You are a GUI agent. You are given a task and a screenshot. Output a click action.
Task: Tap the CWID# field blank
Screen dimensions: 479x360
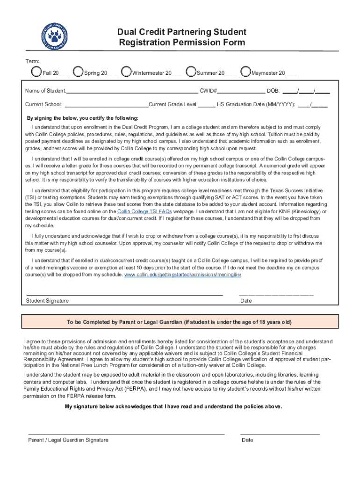click(240, 91)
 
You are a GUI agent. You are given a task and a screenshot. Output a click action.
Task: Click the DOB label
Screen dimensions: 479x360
click(274, 91)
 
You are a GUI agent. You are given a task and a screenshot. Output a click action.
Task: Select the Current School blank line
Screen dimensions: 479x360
click(107, 105)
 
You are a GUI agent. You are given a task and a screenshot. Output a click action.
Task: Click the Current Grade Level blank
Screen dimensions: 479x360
click(207, 105)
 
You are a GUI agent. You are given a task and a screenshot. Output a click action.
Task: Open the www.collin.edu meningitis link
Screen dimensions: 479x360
click(183, 275)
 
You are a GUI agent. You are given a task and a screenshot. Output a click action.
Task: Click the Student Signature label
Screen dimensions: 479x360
click(47, 301)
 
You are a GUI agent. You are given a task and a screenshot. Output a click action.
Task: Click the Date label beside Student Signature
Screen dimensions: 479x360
click(246, 301)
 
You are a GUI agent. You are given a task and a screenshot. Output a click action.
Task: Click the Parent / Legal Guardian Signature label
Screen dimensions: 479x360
click(68, 440)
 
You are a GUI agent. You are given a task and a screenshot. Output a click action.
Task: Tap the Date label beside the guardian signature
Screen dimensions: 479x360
click(247, 440)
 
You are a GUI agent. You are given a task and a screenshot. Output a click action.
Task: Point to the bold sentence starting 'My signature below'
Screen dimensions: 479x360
click(173, 406)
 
